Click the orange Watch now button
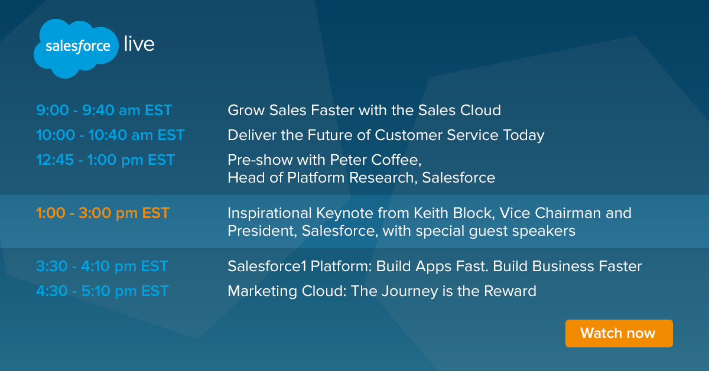(x=619, y=333)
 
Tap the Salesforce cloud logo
(x=76, y=48)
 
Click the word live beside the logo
(x=139, y=44)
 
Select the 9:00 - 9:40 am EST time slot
(x=104, y=110)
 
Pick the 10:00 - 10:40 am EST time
(x=110, y=135)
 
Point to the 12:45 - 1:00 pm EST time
(x=105, y=160)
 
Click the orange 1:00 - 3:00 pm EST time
(x=103, y=213)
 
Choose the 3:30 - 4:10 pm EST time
(x=102, y=266)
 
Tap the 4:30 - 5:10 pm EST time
(x=102, y=291)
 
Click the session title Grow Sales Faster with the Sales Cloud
(x=365, y=110)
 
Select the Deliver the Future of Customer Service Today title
(x=386, y=135)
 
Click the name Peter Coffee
(x=375, y=160)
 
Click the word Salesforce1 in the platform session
(x=267, y=266)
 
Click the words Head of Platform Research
(x=321, y=178)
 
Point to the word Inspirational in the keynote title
(x=269, y=214)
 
